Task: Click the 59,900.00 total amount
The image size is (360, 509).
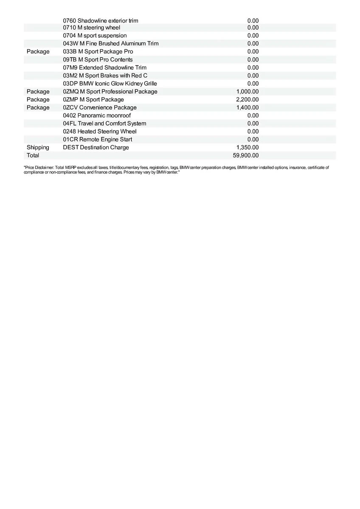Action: (245, 155)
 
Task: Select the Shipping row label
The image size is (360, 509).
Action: (38, 147)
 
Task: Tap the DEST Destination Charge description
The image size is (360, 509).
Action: (96, 147)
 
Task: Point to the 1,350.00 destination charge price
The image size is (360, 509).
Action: (247, 147)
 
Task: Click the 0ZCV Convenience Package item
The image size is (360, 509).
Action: (100, 107)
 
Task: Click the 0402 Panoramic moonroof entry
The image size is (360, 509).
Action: (97, 115)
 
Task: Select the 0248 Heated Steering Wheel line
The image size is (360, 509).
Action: (100, 131)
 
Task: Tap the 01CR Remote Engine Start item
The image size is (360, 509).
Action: (98, 139)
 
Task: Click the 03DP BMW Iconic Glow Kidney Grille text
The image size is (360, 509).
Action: (110, 84)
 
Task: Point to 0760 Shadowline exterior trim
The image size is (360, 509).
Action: (101, 20)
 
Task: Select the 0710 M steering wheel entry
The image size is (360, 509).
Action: (92, 28)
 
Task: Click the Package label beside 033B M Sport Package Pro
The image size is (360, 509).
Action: (38, 51)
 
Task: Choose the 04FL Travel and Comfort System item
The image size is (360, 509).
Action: (104, 123)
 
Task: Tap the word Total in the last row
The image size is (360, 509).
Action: (33, 155)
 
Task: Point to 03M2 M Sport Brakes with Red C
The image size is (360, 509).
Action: (105, 76)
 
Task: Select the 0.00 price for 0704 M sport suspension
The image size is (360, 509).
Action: (253, 36)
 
